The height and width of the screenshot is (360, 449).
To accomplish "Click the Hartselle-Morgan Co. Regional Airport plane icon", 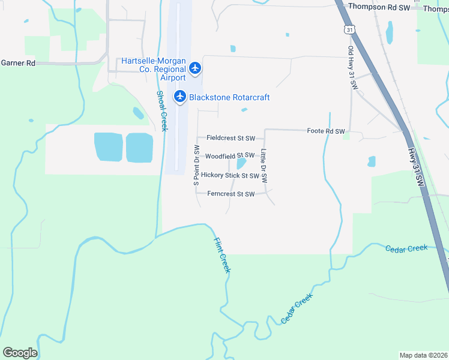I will pos(194,68).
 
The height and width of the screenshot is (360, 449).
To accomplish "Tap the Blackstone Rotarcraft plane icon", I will pos(179,97).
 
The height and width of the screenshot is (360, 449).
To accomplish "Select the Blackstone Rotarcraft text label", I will pos(229,97).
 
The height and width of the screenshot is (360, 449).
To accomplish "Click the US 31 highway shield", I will pos(350,29).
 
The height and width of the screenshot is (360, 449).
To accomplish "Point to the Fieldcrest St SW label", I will pos(231,138).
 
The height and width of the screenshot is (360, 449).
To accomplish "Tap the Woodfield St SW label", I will pos(230,156).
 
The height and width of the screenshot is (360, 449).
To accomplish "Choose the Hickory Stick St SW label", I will pos(230,176).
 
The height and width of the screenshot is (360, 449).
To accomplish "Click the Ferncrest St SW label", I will pos(231,194).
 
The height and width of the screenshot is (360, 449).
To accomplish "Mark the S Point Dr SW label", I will pos(196,169).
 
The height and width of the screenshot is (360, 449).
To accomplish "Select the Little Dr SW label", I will pos(264,166).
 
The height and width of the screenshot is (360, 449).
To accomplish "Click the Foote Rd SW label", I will pos(326,131).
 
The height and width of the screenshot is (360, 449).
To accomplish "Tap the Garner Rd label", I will pos(18,62).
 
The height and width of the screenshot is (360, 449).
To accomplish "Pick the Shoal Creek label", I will pos(161,110).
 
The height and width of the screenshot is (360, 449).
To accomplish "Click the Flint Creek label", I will pos(222,255).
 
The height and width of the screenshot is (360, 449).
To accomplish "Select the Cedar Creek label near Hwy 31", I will pos(406,248).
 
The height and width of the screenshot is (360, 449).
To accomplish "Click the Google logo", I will pos(20,353).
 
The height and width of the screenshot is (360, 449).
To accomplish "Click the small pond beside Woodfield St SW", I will pos(241,163).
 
